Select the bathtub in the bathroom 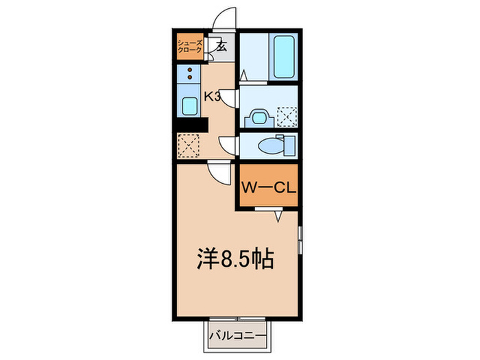coord(284,58)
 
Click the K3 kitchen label coord(212,97)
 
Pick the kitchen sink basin coord(189,106)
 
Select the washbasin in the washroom coord(259,117)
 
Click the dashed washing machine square coord(286,117)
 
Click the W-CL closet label coord(268,186)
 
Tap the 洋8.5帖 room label coord(236,259)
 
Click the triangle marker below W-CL coord(278,216)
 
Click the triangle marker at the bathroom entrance coord(243,76)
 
